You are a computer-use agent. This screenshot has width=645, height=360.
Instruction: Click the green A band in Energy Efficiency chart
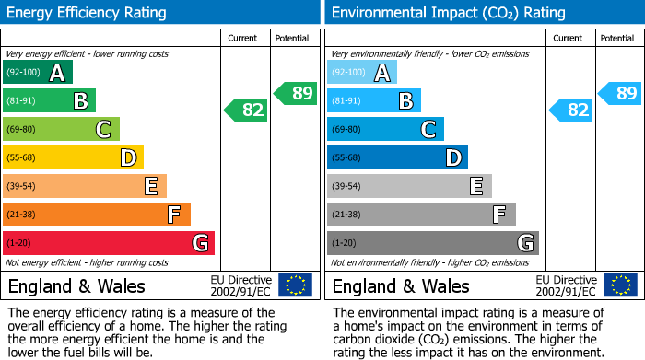[38, 73]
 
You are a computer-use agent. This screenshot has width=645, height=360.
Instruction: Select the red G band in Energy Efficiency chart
[109, 243]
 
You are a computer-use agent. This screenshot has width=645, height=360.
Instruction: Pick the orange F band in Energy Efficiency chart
[97, 215]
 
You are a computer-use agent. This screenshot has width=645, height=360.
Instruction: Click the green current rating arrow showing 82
[247, 110]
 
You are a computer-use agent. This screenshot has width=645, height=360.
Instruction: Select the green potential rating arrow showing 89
[296, 93]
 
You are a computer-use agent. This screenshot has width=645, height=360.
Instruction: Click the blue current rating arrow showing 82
[571, 110]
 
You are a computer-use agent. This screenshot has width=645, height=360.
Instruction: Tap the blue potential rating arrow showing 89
[620, 93]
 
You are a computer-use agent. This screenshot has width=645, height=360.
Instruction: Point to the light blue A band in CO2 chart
[362, 73]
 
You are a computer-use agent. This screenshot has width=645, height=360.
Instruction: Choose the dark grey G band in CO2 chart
[433, 243]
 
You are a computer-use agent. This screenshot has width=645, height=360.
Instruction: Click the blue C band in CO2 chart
[385, 129]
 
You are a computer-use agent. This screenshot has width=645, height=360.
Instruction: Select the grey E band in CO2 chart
[409, 186]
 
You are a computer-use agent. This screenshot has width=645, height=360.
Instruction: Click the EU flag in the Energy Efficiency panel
[295, 285]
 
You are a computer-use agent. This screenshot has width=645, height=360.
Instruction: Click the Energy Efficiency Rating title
[88, 13]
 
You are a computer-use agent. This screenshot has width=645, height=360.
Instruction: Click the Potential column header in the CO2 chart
[617, 38]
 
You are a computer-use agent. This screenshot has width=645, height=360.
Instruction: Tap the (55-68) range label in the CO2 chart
[347, 158]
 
